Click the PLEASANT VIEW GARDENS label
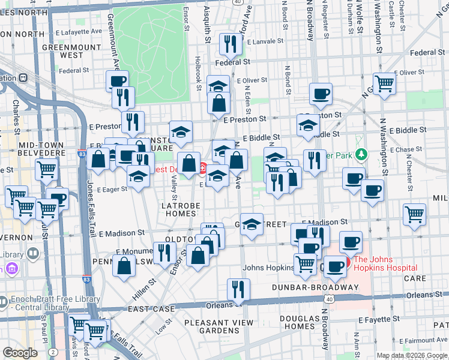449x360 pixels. [219, 326]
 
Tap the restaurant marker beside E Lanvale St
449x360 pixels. [229, 44]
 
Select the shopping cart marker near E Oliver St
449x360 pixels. [384, 83]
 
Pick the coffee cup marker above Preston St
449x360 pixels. [321, 93]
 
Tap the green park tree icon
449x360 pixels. [360, 155]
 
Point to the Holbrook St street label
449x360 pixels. [198, 73]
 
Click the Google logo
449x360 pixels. [20, 353]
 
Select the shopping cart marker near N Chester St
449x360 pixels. [414, 214]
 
